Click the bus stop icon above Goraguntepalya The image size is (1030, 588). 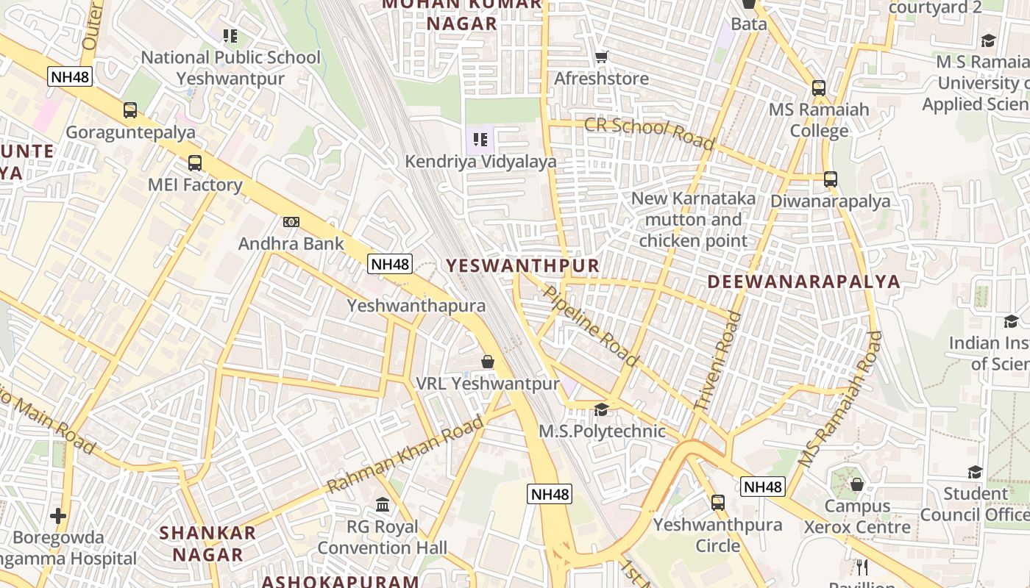pyautogui.click(x=130, y=110)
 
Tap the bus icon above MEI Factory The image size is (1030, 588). pyautogui.click(x=195, y=163)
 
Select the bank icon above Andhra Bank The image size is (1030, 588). pyautogui.click(x=291, y=222)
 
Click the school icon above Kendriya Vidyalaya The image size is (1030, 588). pyautogui.click(x=480, y=139)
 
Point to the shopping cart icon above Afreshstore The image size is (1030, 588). pyautogui.click(x=602, y=57)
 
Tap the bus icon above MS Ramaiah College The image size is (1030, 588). pyautogui.click(x=819, y=88)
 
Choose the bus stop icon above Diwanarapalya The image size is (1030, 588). pyautogui.click(x=831, y=179)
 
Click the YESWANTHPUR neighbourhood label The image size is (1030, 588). pyautogui.click(x=523, y=265)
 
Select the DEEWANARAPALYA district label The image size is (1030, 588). pyautogui.click(x=804, y=282)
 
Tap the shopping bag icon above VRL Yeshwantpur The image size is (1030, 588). pyautogui.click(x=487, y=362)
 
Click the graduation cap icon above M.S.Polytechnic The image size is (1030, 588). pyautogui.click(x=602, y=409)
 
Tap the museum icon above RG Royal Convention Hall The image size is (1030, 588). pyautogui.click(x=383, y=505)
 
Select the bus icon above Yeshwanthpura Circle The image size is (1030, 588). pyautogui.click(x=718, y=503)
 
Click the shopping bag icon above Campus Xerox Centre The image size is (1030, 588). pyautogui.click(x=857, y=485)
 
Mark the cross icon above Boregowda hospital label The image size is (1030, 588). pyautogui.click(x=58, y=516)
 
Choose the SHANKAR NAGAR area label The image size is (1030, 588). pyautogui.click(x=208, y=543)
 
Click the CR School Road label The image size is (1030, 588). pyautogui.click(x=649, y=132)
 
